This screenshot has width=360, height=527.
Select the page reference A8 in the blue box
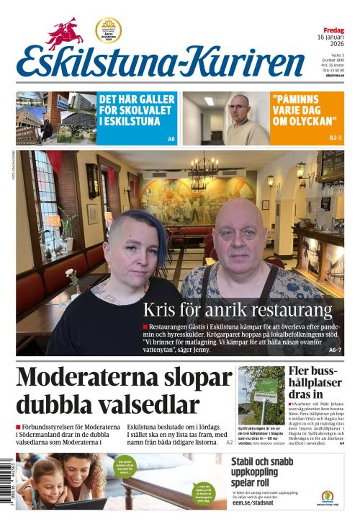pos(171,138)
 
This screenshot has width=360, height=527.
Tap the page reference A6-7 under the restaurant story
pos(336,350)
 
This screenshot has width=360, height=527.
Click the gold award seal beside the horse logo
pos(108,30)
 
